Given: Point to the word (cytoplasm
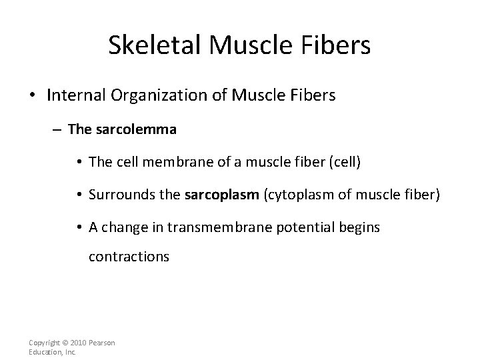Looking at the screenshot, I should (295, 195).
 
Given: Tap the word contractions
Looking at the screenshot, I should (129, 256).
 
